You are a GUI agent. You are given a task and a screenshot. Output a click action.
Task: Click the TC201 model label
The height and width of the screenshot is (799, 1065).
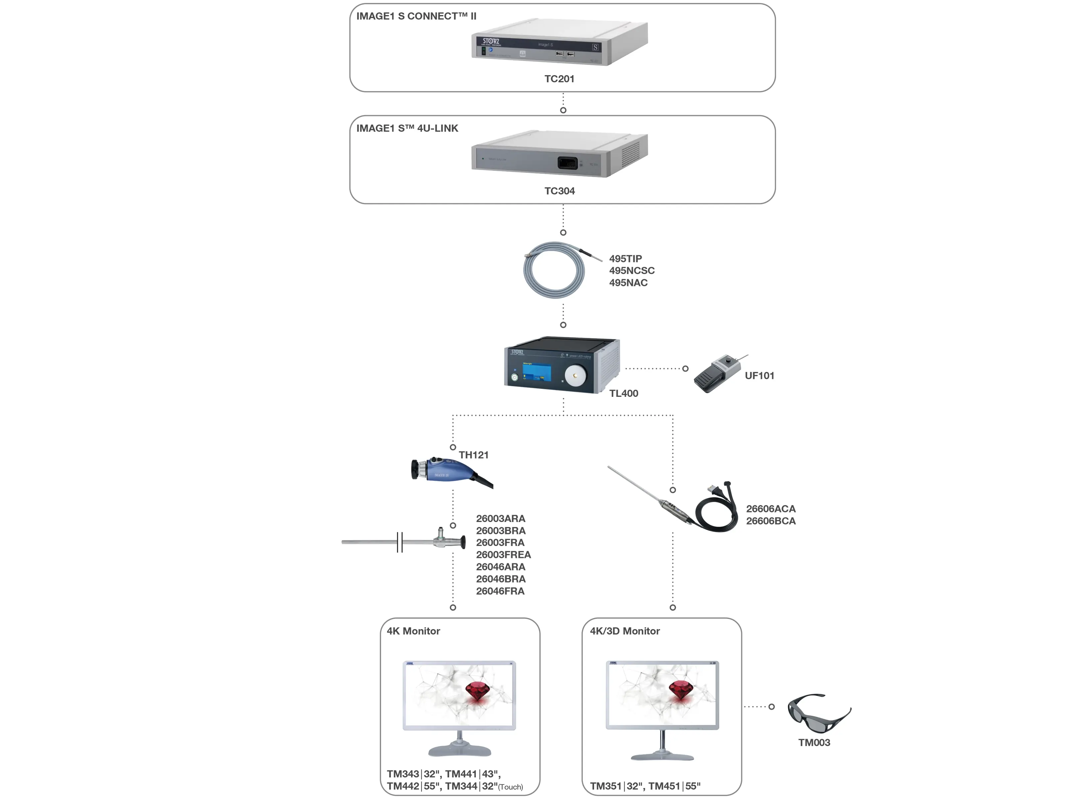click(x=559, y=79)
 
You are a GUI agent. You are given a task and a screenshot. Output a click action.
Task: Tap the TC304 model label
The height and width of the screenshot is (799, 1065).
click(x=559, y=191)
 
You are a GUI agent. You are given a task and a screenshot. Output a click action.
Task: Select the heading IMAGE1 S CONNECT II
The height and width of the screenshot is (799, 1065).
click(x=416, y=16)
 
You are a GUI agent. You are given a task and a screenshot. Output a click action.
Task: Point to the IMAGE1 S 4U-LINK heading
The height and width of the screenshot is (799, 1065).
click(x=407, y=129)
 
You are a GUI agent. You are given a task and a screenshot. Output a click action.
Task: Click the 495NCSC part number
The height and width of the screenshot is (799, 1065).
click(x=631, y=271)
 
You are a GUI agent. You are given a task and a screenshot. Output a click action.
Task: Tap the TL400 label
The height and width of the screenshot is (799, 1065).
click(x=623, y=394)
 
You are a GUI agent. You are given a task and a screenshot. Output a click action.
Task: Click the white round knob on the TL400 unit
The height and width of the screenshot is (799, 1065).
click(x=575, y=376)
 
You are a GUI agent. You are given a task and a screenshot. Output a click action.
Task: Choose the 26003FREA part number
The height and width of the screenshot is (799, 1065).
click(x=503, y=555)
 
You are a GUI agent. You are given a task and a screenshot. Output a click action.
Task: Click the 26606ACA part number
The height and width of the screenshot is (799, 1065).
click(x=770, y=509)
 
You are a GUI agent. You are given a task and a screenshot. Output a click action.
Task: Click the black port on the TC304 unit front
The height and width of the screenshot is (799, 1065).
click(x=567, y=163)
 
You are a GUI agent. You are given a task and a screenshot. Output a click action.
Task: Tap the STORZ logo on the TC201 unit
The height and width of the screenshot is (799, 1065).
click(x=491, y=41)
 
